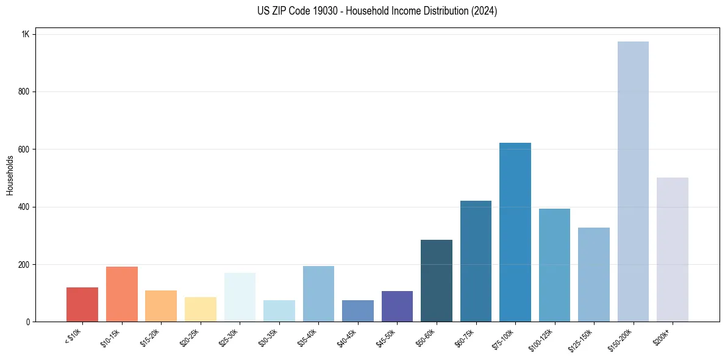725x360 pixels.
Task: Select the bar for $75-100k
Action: tap(515, 232)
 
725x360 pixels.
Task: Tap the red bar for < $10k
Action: tap(82, 304)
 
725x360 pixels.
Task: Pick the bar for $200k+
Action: tap(673, 250)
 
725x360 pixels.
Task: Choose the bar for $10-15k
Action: tap(122, 294)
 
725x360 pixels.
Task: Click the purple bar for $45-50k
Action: tap(397, 306)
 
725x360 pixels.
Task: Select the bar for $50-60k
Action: tap(437, 281)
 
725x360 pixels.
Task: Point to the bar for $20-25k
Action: tap(201, 309)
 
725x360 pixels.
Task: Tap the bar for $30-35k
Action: tap(279, 311)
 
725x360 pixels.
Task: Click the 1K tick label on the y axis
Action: tap(25, 34)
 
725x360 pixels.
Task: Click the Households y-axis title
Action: tap(10, 175)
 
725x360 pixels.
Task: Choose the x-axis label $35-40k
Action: tap(309, 337)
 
